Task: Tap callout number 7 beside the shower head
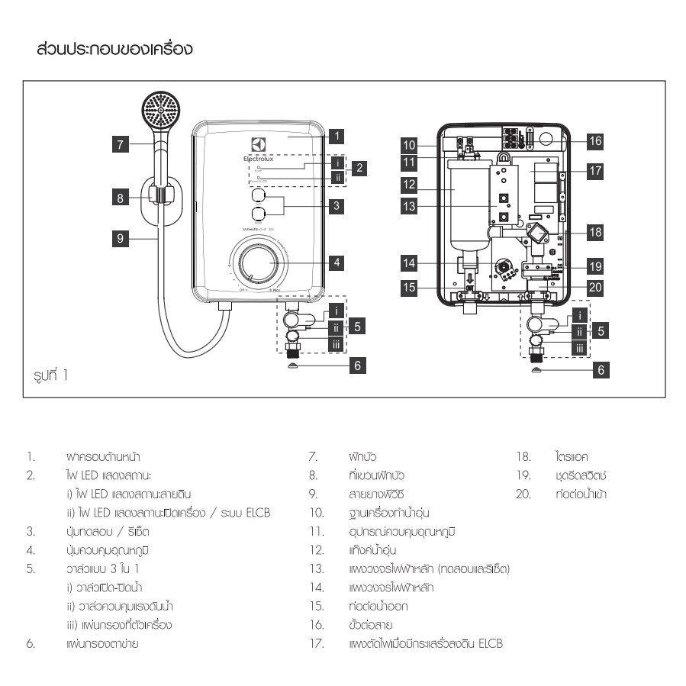point(120,142)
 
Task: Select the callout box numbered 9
point(120,238)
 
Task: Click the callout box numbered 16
point(595,140)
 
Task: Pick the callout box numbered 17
point(595,172)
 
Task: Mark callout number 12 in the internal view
point(410,184)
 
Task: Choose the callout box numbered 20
point(595,288)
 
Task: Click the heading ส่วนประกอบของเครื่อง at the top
point(114,50)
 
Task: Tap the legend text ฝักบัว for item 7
point(359,457)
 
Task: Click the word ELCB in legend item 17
point(489,644)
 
